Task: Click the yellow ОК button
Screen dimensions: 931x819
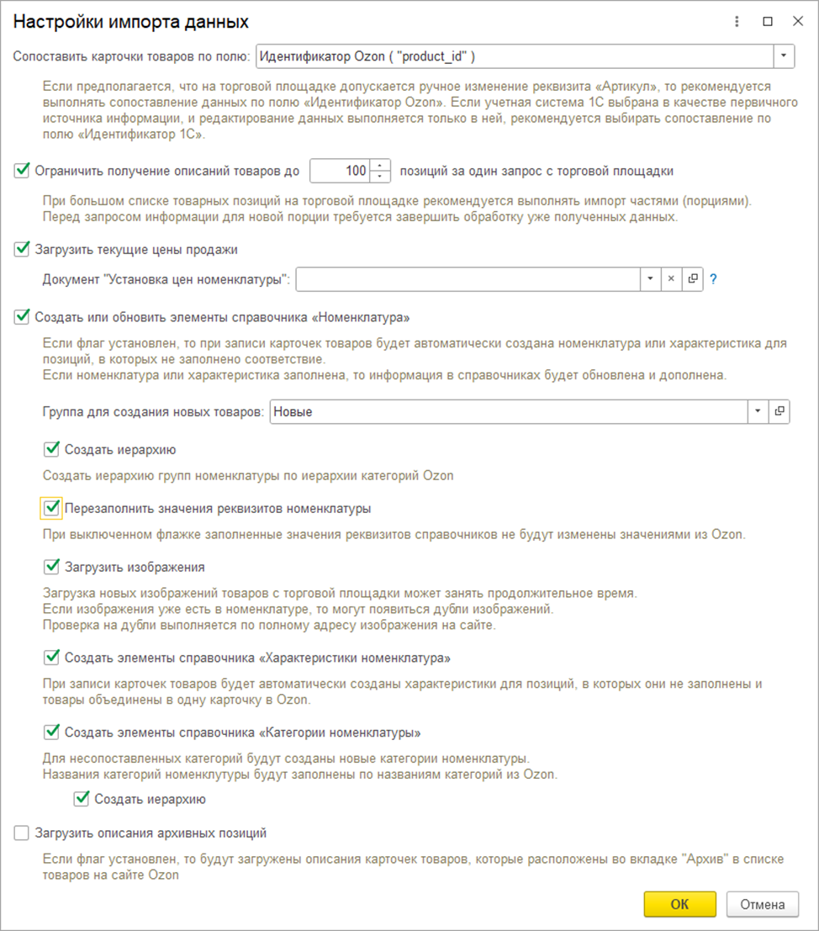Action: click(x=679, y=904)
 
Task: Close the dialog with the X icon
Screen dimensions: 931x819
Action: click(x=795, y=21)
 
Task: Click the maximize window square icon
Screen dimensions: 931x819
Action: click(x=767, y=21)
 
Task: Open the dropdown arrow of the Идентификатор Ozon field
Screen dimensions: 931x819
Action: click(x=784, y=56)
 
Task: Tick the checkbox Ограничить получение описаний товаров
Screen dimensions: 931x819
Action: click(x=22, y=171)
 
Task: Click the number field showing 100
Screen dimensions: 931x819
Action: click(x=341, y=171)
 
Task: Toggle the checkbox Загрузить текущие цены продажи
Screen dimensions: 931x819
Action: click(x=22, y=249)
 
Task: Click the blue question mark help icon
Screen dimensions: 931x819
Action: click(x=713, y=279)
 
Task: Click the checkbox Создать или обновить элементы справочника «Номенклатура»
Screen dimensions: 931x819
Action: click(x=22, y=317)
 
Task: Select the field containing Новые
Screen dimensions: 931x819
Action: click(x=508, y=411)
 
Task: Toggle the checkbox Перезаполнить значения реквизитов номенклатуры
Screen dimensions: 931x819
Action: click(x=52, y=508)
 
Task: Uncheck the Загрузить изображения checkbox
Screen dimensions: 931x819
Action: click(x=52, y=567)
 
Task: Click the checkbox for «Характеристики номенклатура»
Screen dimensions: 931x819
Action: click(x=52, y=656)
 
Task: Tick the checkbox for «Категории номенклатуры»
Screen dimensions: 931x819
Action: click(x=52, y=731)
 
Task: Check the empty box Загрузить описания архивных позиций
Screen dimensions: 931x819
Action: click(x=22, y=833)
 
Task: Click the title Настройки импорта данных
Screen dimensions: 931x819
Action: click(x=130, y=21)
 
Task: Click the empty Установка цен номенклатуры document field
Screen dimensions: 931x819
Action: click(x=468, y=279)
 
